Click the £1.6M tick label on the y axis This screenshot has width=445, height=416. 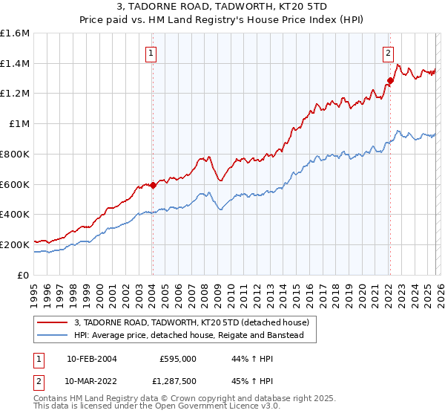pyautogui.click(x=15, y=33)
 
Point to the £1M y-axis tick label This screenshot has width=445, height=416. pyautogui.click(x=18, y=124)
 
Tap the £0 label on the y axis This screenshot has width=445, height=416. pyautogui.click(x=24, y=275)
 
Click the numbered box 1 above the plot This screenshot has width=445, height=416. pyautogui.click(x=151, y=53)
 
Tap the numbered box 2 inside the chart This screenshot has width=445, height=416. pyautogui.click(x=388, y=53)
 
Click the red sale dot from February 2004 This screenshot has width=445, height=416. pyautogui.click(x=153, y=185)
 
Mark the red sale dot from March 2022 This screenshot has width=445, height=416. pyautogui.click(x=390, y=80)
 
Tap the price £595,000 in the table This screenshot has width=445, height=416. pyautogui.click(x=177, y=359)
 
